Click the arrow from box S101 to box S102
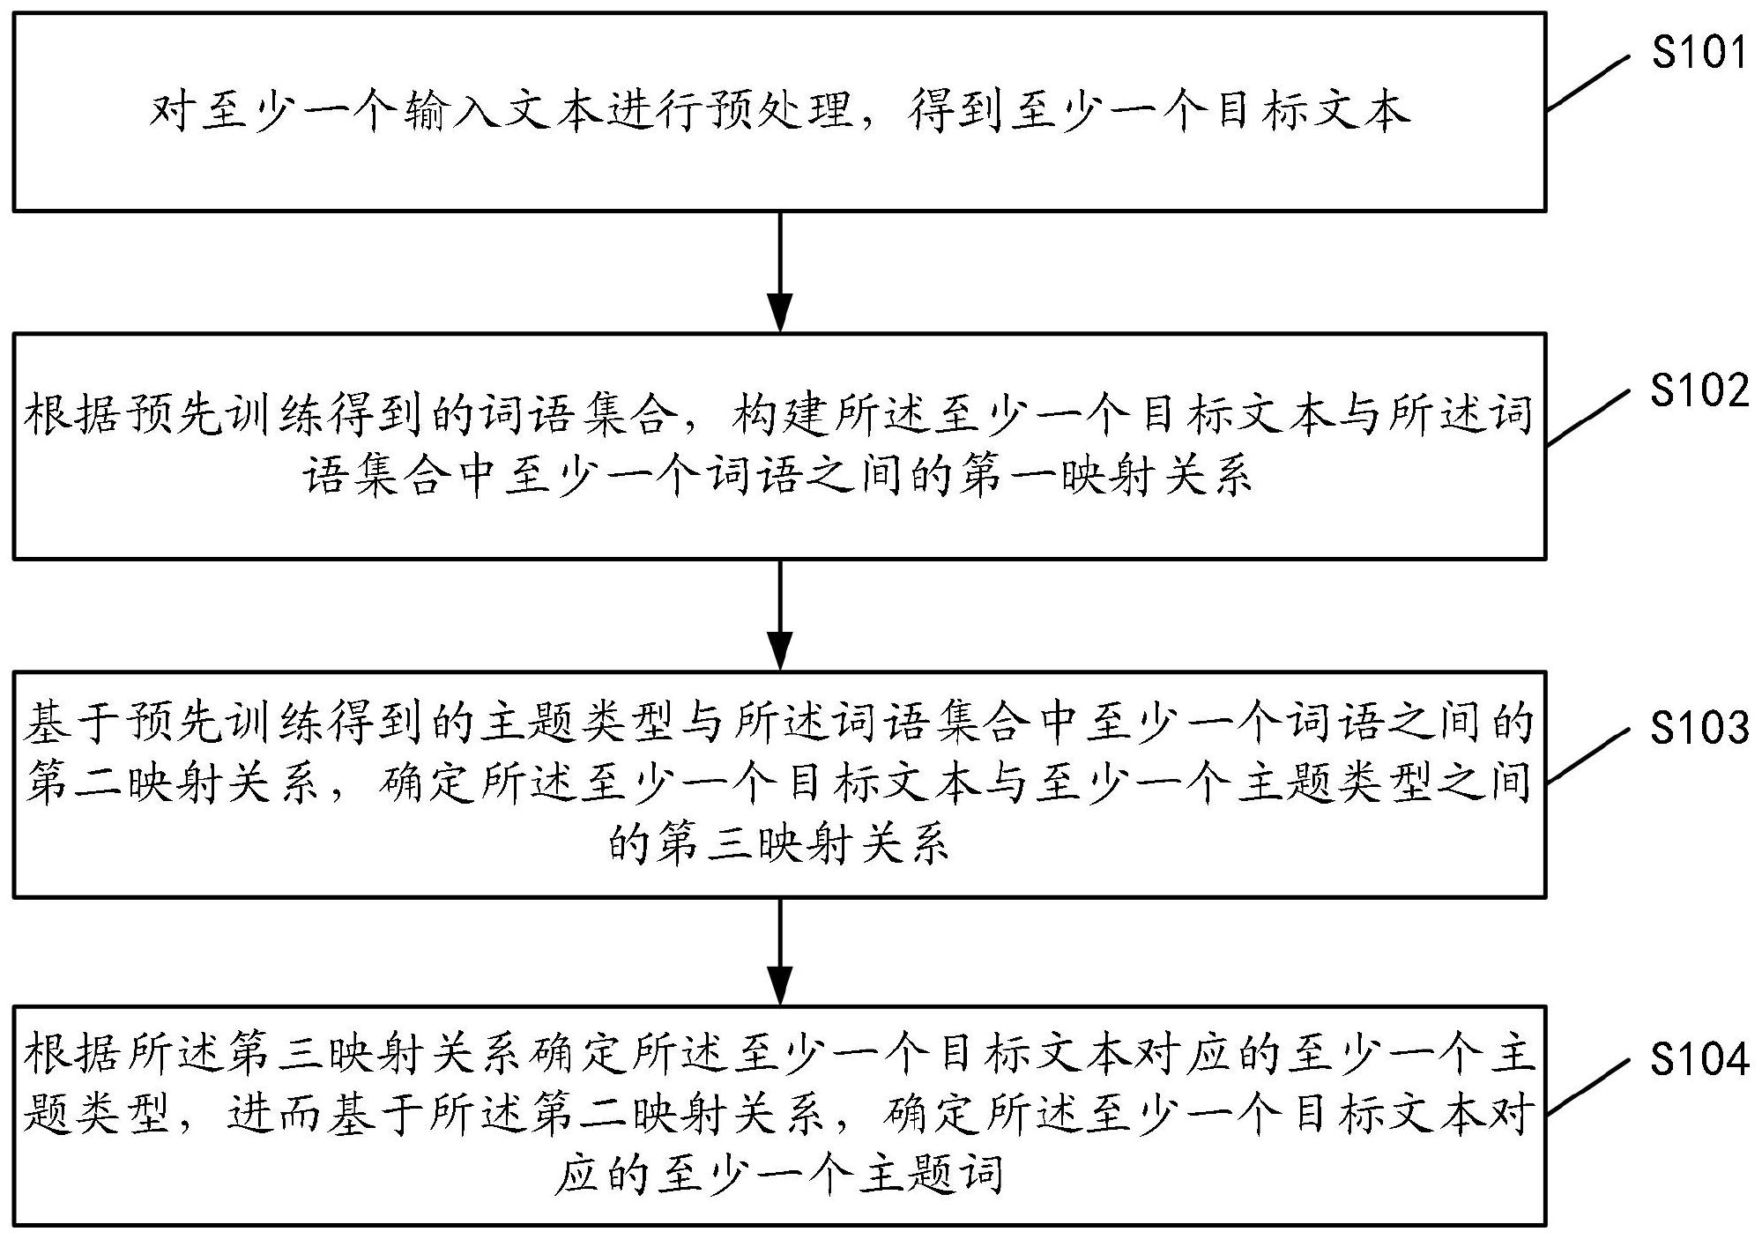point(781,271)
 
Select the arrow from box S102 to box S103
point(781,614)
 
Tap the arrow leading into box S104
point(781,952)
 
